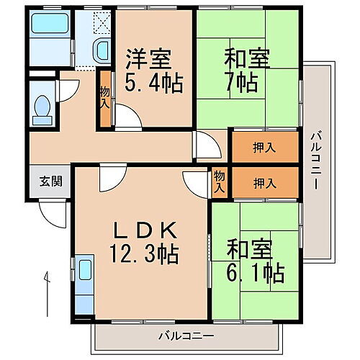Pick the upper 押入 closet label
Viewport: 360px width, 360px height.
click(264, 148)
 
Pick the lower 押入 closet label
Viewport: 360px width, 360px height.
click(264, 183)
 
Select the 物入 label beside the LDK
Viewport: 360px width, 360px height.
click(220, 181)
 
